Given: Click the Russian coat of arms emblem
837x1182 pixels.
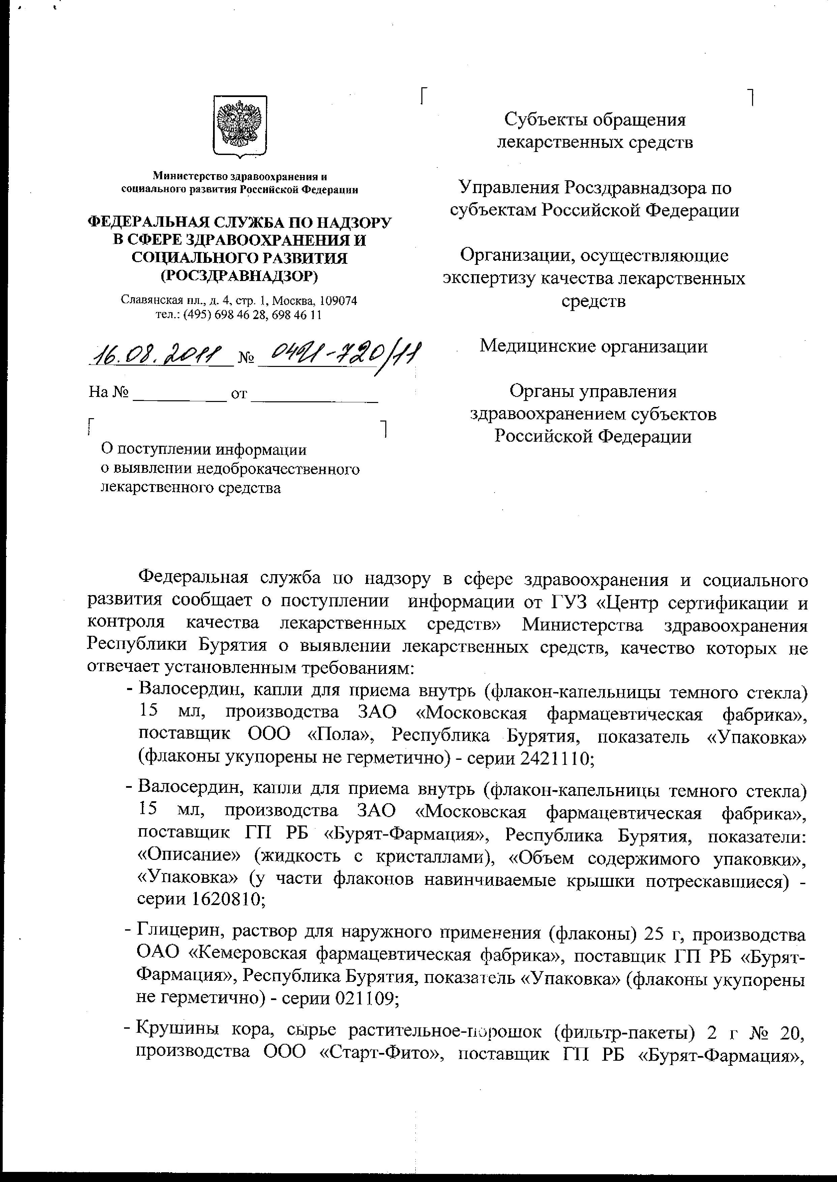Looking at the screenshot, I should [240, 125].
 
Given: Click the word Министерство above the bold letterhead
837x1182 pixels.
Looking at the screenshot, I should [191, 177].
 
